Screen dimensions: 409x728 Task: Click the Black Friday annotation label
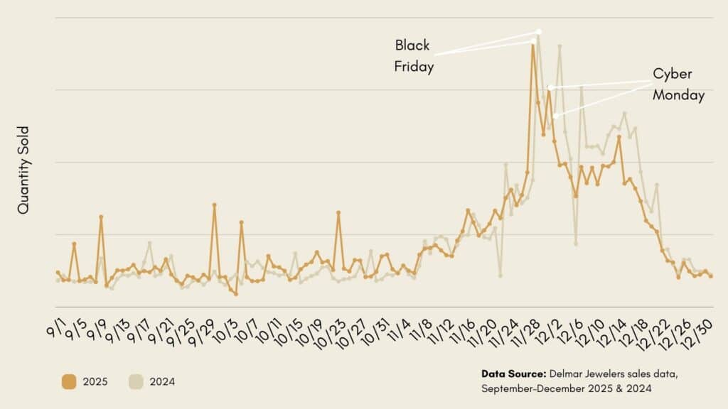(414, 56)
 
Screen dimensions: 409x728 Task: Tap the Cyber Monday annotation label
(678, 84)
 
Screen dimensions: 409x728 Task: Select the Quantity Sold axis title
(23, 170)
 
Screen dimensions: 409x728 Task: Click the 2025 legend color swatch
(69, 382)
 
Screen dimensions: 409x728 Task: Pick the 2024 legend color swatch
(136, 382)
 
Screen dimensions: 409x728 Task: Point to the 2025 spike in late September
(214, 204)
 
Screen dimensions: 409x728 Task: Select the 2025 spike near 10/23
(338, 212)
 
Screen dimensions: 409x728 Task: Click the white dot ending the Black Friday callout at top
(538, 31)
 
